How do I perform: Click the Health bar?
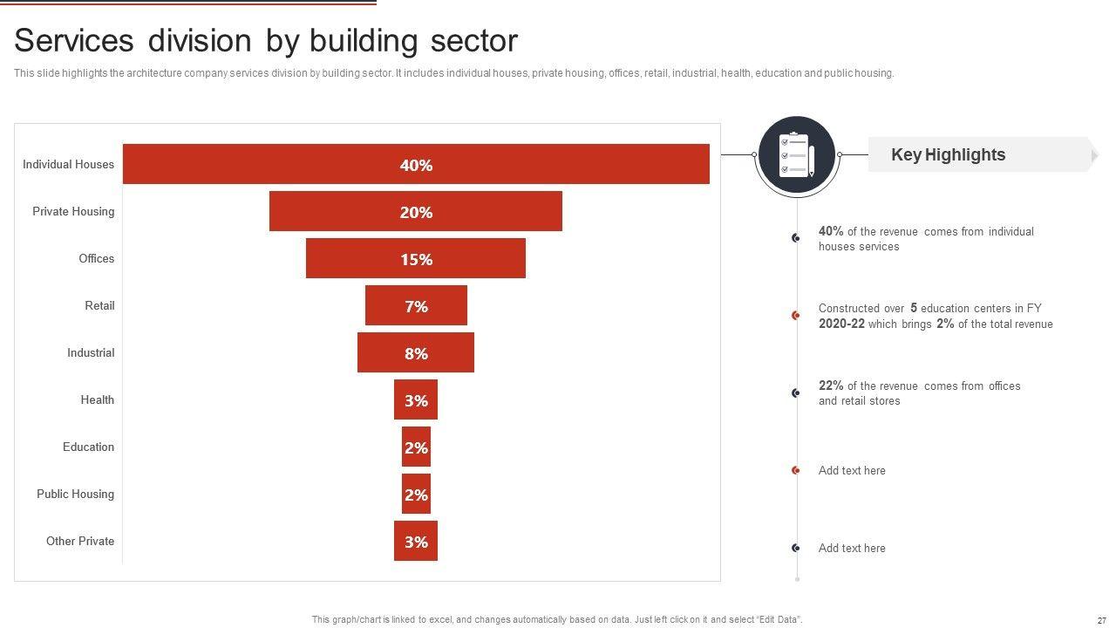click(x=416, y=399)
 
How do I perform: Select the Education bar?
click(x=416, y=447)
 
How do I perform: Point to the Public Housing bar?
click(x=416, y=494)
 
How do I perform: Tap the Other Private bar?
click(x=416, y=541)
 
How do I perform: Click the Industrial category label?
click(x=91, y=352)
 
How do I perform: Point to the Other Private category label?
click(x=80, y=541)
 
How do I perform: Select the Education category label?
click(x=88, y=447)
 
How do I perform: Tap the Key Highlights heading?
click(x=948, y=154)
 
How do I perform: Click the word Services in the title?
click(x=74, y=41)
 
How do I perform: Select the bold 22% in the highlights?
click(x=831, y=386)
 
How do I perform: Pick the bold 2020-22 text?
click(x=841, y=324)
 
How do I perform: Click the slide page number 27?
click(x=1101, y=620)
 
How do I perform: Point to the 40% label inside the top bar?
click(x=416, y=165)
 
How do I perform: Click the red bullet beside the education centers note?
click(x=796, y=315)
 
